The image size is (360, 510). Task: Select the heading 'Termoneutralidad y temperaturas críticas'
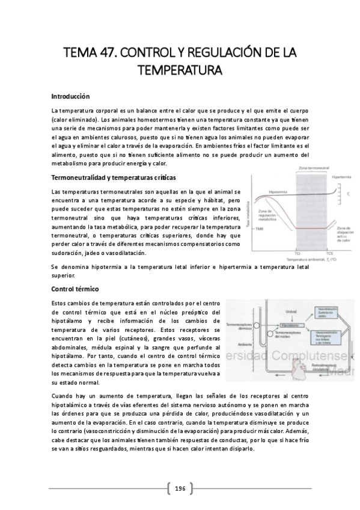114,178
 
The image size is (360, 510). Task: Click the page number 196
180,488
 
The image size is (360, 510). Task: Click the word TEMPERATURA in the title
180,70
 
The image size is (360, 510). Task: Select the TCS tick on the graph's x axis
329,253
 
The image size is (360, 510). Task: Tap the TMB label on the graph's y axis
259,230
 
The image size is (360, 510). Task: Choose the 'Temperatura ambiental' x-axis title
313,259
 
